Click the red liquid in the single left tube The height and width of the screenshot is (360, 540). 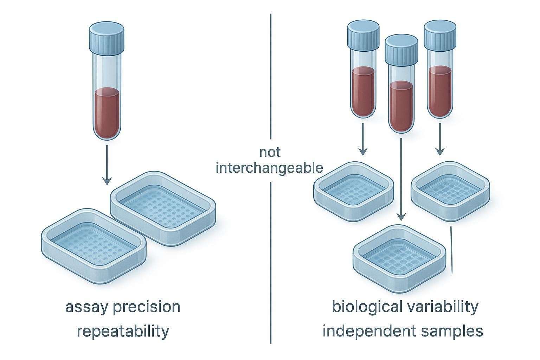pyautogui.click(x=107, y=112)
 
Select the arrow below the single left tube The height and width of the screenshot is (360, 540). pyautogui.click(x=107, y=165)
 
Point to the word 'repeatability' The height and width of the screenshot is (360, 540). pyautogui.click(x=123, y=331)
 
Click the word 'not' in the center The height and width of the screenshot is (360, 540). pyautogui.click(x=270, y=153)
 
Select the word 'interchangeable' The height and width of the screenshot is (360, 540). pyautogui.click(x=269, y=168)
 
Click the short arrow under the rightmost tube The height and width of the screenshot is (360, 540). pyautogui.click(x=439, y=141)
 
